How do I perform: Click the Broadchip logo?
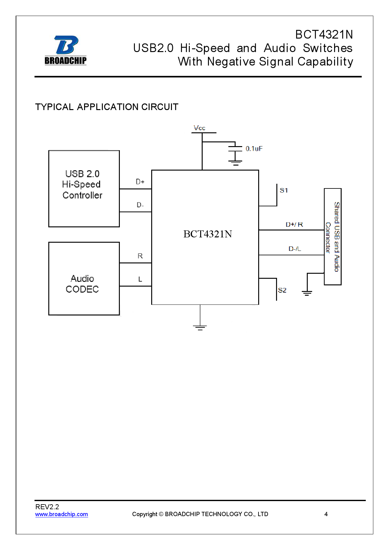coord(66,50)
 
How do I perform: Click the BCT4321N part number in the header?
coord(324,34)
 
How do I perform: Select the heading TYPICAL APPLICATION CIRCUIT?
coord(107,107)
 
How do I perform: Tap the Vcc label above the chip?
coord(199,128)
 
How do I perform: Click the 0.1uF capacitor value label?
coord(254,149)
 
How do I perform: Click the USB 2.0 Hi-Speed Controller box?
coord(84,188)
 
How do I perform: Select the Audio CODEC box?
coord(84,278)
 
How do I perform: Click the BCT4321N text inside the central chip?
coord(207,234)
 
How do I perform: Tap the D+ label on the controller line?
coord(140,182)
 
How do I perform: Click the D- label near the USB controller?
coord(140,205)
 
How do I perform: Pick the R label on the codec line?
coord(140,256)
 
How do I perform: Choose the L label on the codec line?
coord(140,279)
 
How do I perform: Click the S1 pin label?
coord(284,190)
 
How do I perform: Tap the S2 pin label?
coord(282,290)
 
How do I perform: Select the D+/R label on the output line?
coord(294,225)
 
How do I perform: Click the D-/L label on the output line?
coord(295,249)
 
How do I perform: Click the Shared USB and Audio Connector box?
coord(333,236)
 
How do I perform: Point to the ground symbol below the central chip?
coord(200,327)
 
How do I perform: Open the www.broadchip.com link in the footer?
coord(61,514)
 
